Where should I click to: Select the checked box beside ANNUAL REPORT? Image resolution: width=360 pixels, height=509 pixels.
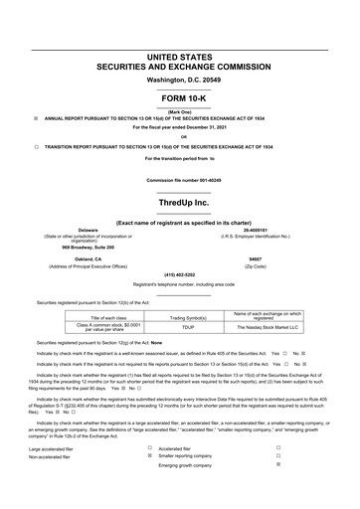coord(37,115)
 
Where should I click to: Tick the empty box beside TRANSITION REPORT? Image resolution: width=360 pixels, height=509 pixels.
coord(37,144)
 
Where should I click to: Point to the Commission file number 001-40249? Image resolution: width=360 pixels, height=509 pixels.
coord(180,180)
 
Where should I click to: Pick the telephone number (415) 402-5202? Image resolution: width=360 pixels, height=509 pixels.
coord(180,275)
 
